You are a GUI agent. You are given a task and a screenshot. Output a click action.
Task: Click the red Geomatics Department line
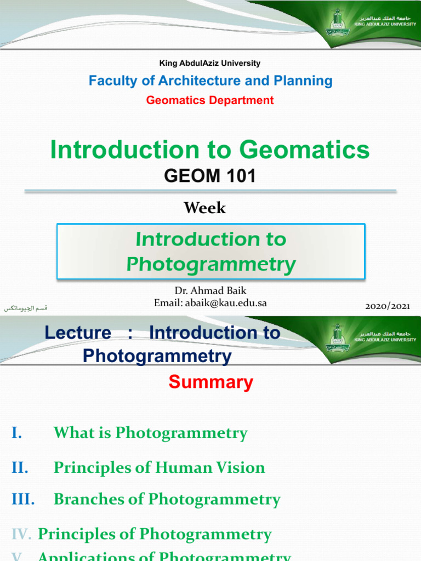coord(210,100)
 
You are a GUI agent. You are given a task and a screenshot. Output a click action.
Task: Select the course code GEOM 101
coord(210,176)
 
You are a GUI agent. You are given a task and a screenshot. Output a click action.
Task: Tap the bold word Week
coord(204,208)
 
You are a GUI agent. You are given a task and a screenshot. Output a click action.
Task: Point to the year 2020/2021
coord(387,306)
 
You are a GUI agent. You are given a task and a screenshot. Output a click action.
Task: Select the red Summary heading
coord(210,382)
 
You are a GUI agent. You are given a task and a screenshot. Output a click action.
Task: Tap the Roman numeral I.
coord(16,433)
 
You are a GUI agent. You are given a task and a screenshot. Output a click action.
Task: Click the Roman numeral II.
coord(20,467)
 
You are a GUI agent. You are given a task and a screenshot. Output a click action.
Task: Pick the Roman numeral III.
coord(23,499)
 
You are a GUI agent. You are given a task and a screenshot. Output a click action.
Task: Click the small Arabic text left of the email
coord(26,308)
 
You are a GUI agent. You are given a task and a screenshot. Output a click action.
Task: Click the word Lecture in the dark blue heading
coord(77,333)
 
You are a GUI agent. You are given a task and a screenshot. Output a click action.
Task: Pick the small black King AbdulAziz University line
coord(210,64)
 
